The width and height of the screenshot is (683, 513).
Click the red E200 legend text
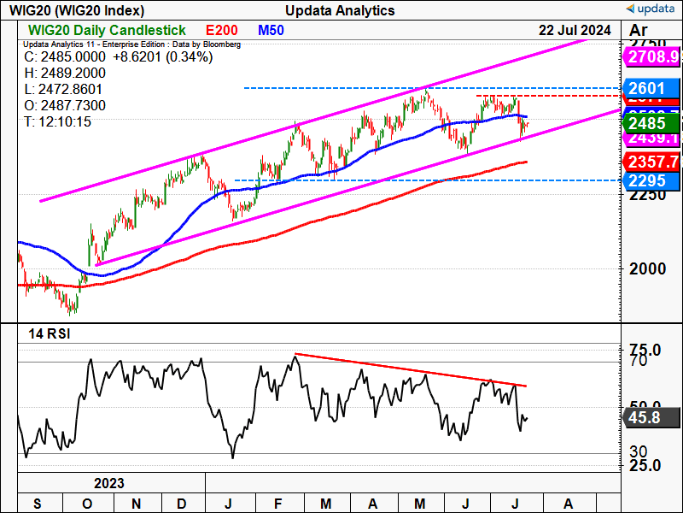(221, 30)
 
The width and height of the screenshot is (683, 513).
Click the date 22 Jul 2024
(575, 30)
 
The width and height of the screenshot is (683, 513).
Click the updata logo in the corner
(651, 10)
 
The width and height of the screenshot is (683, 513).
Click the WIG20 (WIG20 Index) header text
(77, 10)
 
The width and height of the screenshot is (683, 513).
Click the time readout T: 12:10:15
(59, 122)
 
